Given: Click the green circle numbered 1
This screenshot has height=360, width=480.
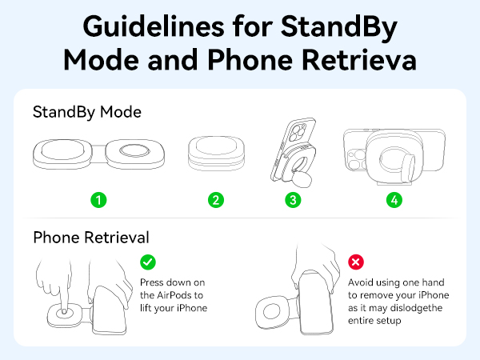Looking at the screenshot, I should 98,200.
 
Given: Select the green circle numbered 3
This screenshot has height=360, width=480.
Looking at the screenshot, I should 294,200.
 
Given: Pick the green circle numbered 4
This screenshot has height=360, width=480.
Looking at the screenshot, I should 394,200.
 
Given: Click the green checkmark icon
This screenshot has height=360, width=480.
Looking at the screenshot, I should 147,262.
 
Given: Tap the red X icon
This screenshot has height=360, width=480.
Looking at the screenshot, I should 355,262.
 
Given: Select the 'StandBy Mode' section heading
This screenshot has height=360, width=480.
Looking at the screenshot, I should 87,112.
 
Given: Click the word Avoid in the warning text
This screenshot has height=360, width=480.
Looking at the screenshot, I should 362,282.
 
